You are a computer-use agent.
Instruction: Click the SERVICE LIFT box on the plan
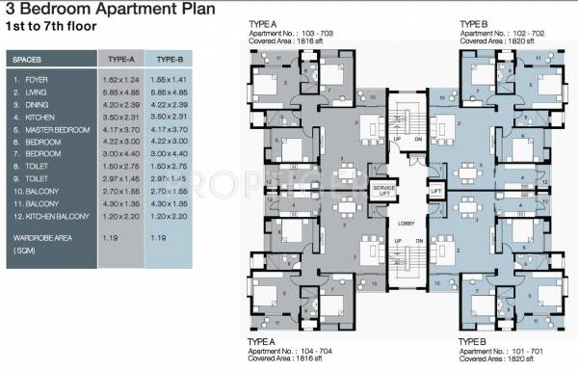(x=383, y=191)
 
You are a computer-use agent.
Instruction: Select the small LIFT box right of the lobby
(x=435, y=191)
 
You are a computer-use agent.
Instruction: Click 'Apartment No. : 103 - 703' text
(x=299, y=32)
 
